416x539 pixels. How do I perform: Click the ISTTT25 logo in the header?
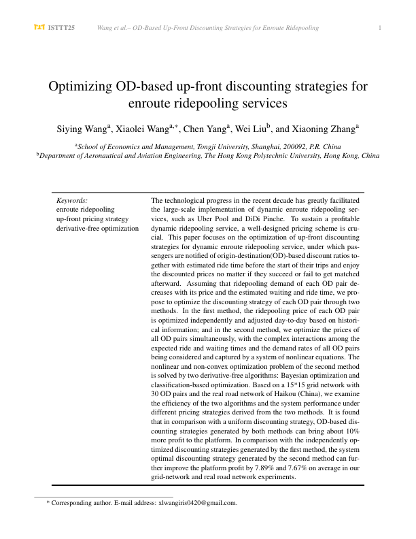54,27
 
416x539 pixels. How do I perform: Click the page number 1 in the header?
379,27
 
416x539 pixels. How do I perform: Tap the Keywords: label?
72,201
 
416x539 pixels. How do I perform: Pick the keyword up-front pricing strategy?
92,219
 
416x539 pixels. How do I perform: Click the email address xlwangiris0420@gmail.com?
197,503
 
